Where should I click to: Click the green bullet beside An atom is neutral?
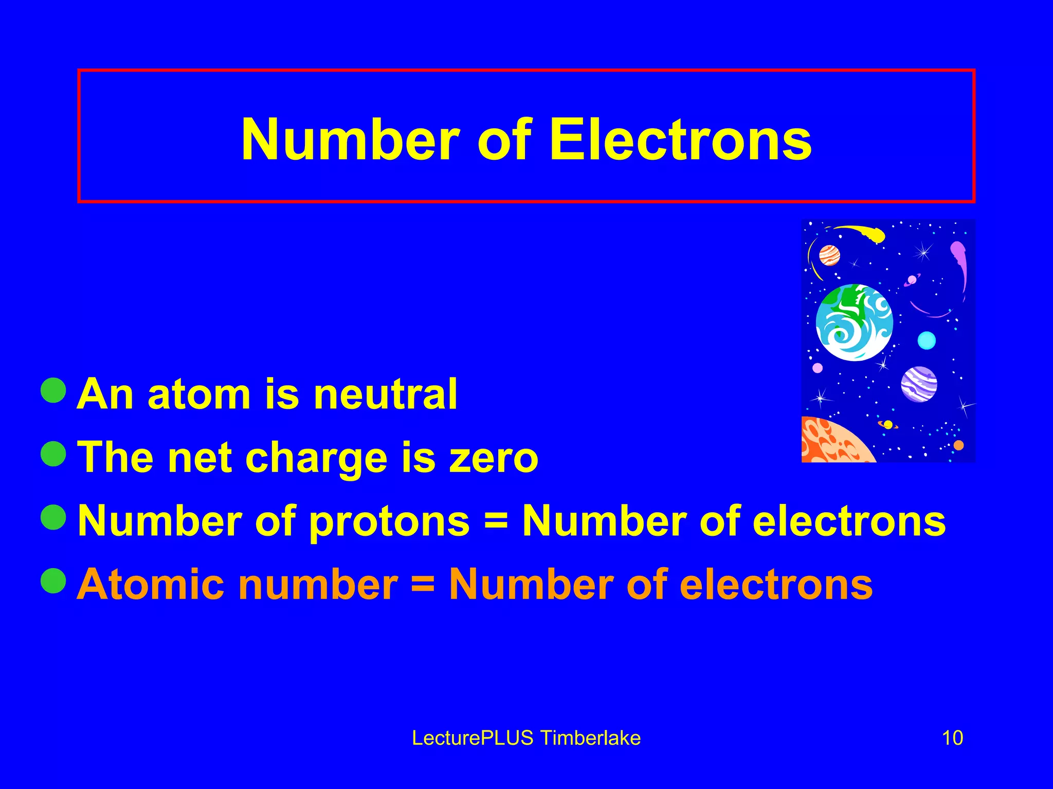point(53,390)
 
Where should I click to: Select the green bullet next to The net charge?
point(53,454)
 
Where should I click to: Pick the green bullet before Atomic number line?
point(53,580)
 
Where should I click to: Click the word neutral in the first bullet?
point(385,394)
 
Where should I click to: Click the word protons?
point(389,522)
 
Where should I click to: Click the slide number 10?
point(952,738)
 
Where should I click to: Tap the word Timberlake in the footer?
point(591,738)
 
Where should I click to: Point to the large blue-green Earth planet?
point(854,323)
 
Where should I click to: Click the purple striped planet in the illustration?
point(919,384)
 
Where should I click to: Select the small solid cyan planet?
point(927,340)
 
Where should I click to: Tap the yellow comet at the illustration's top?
point(869,233)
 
